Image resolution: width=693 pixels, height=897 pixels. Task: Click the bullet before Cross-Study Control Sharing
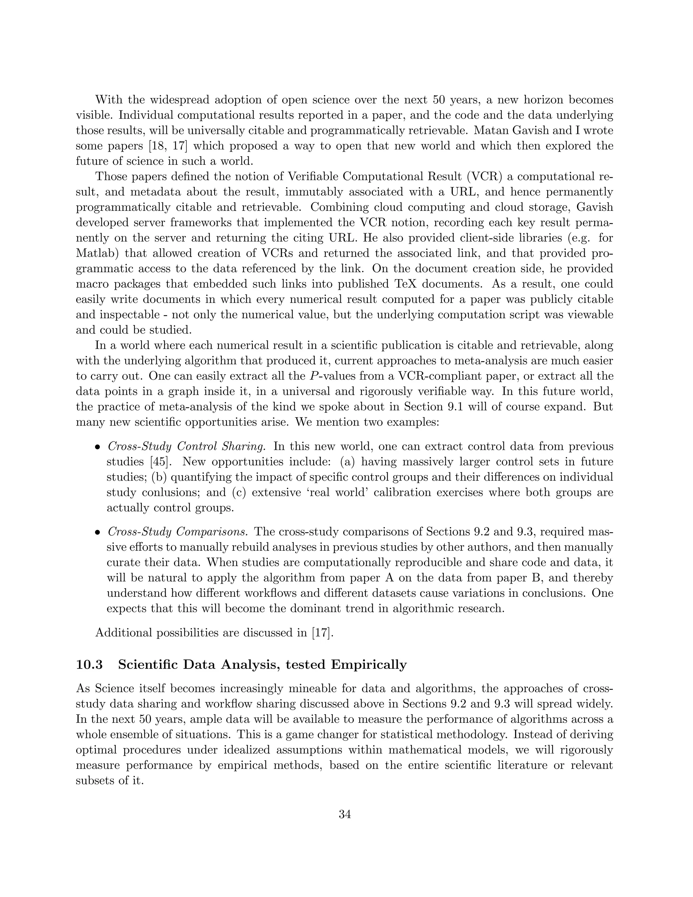97,447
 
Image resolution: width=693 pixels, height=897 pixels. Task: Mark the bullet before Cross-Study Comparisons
97,533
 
